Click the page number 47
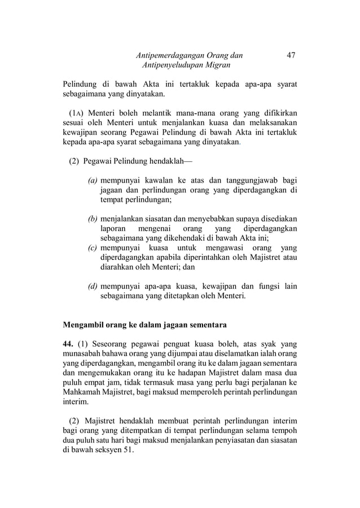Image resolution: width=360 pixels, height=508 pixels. pyautogui.click(x=291, y=55)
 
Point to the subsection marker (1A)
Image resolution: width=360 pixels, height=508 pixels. pyautogui.click(x=77, y=112)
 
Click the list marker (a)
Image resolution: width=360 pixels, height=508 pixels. pyautogui.click(x=93, y=180)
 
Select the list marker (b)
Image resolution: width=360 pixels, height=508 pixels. pyautogui.click(x=93, y=218)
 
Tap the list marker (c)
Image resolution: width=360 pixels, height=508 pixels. pyautogui.click(x=93, y=248)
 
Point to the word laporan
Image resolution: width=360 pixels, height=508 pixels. pyautogui.click(x=112, y=228)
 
